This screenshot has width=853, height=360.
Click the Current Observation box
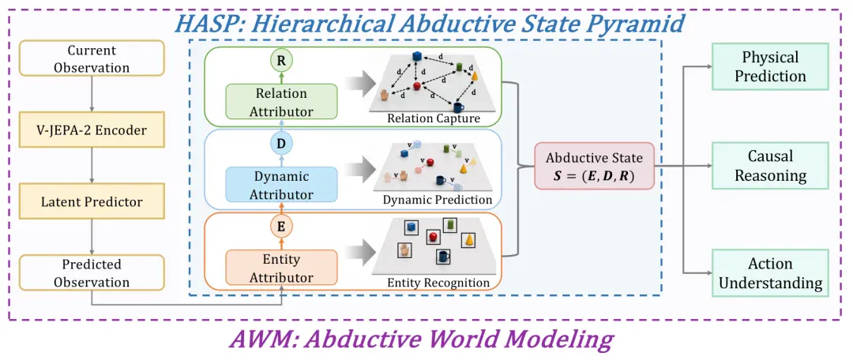[92, 59]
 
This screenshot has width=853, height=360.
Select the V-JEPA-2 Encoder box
[92, 130]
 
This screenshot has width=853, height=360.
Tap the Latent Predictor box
[92, 202]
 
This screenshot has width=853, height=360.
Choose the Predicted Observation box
[92, 273]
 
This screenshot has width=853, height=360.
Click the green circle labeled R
[281, 61]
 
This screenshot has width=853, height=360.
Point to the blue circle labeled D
[281, 144]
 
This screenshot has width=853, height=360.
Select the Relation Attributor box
[281, 102]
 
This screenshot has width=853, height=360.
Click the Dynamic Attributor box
[281, 185]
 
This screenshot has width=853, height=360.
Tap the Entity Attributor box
[281, 268]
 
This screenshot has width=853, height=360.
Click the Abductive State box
[594, 166]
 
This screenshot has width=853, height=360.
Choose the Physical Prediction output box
[770, 66]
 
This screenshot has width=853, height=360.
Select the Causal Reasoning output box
[770, 165]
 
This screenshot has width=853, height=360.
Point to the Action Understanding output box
[770, 272]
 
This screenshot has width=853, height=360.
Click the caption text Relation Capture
[433, 118]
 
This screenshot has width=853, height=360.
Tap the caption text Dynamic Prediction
[438, 200]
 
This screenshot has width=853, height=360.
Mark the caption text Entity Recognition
[438, 283]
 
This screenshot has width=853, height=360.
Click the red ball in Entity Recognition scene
[434, 237]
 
